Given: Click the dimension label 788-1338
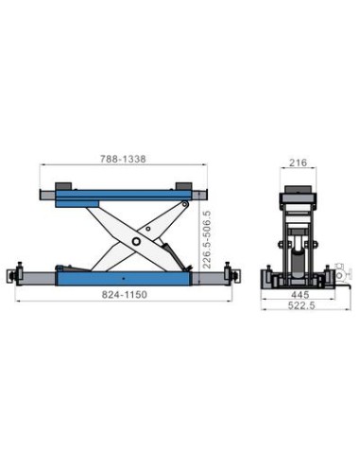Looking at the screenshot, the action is click(123, 159).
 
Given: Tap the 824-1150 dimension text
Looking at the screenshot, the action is click(125, 295).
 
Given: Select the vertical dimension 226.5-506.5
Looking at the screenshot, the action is click(207, 239).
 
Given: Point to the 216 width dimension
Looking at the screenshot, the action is click(298, 163).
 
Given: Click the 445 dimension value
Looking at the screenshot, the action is click(300, 295).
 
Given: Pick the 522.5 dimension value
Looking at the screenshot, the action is click(301, 305).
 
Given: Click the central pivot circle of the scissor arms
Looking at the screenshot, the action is click(136, 241).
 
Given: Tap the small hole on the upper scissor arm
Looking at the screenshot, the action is click(148, 229).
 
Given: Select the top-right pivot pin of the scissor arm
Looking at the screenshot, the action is click(185, 205).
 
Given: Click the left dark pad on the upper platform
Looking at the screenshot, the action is click(63, 186).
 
